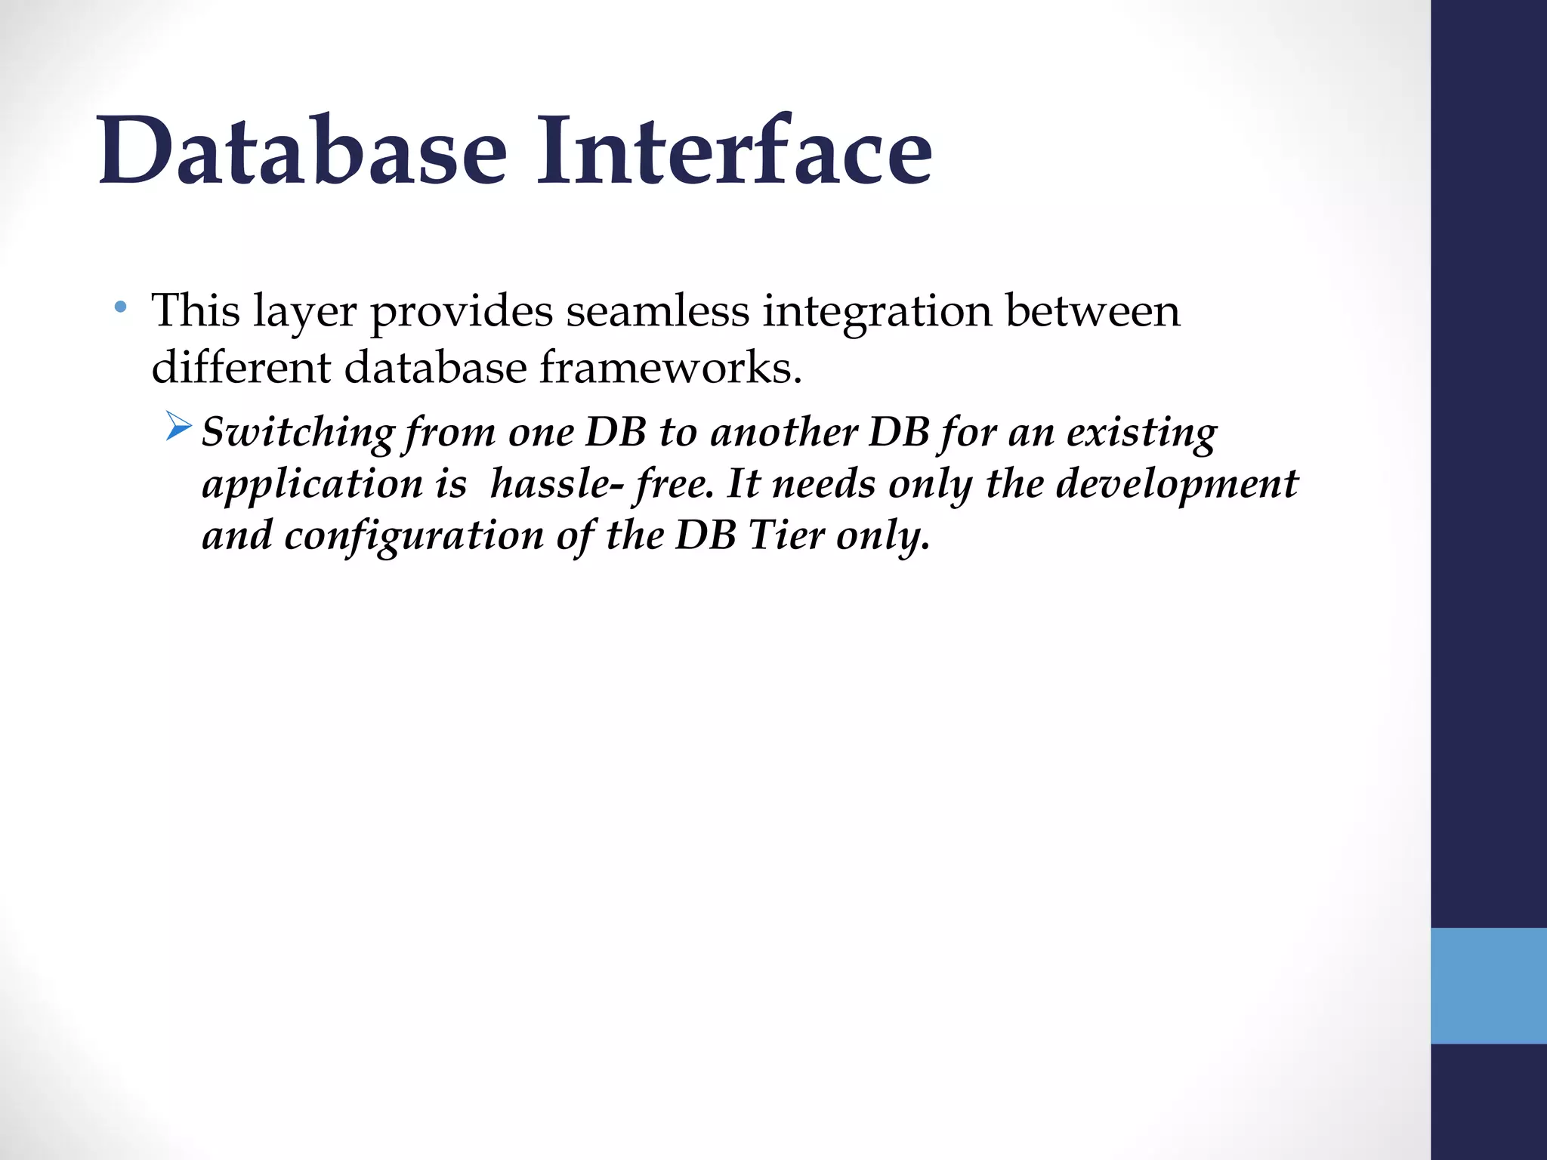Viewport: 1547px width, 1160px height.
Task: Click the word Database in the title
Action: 302,151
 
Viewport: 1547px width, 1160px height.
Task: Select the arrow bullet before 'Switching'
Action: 179,428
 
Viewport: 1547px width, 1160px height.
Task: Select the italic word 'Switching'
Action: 298,433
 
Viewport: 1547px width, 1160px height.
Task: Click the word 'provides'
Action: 461,312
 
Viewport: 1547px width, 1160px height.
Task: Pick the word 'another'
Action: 783,433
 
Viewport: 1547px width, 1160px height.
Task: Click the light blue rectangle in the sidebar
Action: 1488,985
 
